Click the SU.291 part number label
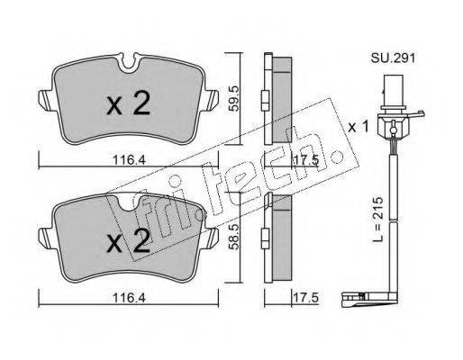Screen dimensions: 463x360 coord(393,58)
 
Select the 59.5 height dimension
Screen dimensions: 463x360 coord(233,98)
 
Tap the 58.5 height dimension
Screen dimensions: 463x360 coord(233,236)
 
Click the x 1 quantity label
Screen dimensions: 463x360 coord(358,127)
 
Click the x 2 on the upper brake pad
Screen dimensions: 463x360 coord(128,103)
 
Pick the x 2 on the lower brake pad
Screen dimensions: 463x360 coord(128,240)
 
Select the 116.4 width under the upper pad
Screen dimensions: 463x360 coord(129,160)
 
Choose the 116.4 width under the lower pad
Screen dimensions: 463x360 coord(129,298)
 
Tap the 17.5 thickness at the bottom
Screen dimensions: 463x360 coord(305,298)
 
